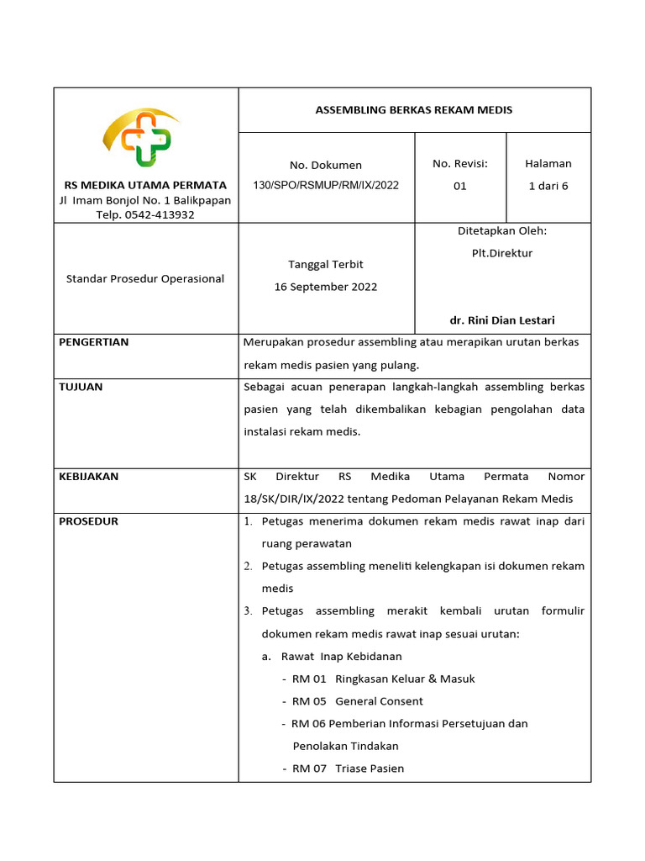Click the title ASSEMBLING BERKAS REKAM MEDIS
[x=413, y=110]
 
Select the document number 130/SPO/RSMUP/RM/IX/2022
[x=327, y=186]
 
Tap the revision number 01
[x=459, y=186]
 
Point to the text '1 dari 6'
[x=548, y=186]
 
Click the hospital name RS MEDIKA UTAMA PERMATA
[x=145, y=184]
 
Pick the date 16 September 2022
[x=326, y=287]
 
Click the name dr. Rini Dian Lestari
[x=502, y=320]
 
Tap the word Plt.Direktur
[x=502, y=253]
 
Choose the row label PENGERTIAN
[x=93, y=342]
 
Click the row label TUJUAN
[x=81, y=387]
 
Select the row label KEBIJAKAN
[x=88, y=477]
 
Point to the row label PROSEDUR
[x=88, y=521]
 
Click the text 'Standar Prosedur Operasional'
[x=145, y=278]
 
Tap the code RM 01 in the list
[x=309, y=679]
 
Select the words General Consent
[x=379, y=701]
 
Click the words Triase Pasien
[x=370, y=769]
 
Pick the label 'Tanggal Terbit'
[x=326, y=264]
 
